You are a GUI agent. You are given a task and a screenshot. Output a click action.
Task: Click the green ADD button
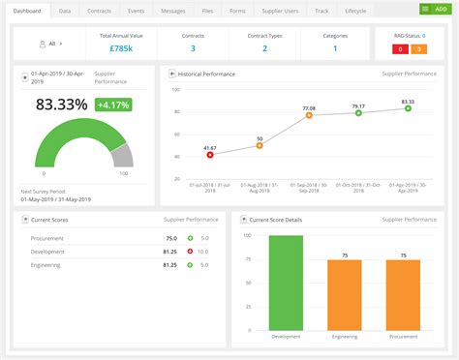(x=434, y=9)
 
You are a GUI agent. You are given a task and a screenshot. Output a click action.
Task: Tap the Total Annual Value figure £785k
(x=120, y=48)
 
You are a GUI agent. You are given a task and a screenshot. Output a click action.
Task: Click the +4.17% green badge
(x=113, y=104)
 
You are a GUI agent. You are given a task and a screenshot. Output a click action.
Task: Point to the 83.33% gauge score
(x=62, y=104)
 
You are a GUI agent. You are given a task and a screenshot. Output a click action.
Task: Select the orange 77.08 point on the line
(x=309, y=115)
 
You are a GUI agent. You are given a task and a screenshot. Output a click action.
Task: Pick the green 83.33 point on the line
(x=408, y=108)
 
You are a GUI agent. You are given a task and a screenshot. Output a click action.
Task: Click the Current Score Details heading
(x=277, y=220)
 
